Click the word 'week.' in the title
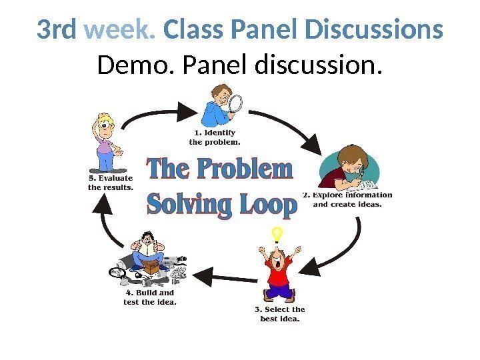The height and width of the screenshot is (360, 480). click(x=123, y=31)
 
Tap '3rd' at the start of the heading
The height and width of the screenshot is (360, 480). click(x=58, y=31)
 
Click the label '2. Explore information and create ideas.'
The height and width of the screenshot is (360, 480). click(x=347, y=199)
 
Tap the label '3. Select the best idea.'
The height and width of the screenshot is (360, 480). click(x=280, y=314)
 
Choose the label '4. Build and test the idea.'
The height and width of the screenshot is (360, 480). click(x=151, y=297)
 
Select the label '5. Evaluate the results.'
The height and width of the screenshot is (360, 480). click(x=111, y=183)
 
